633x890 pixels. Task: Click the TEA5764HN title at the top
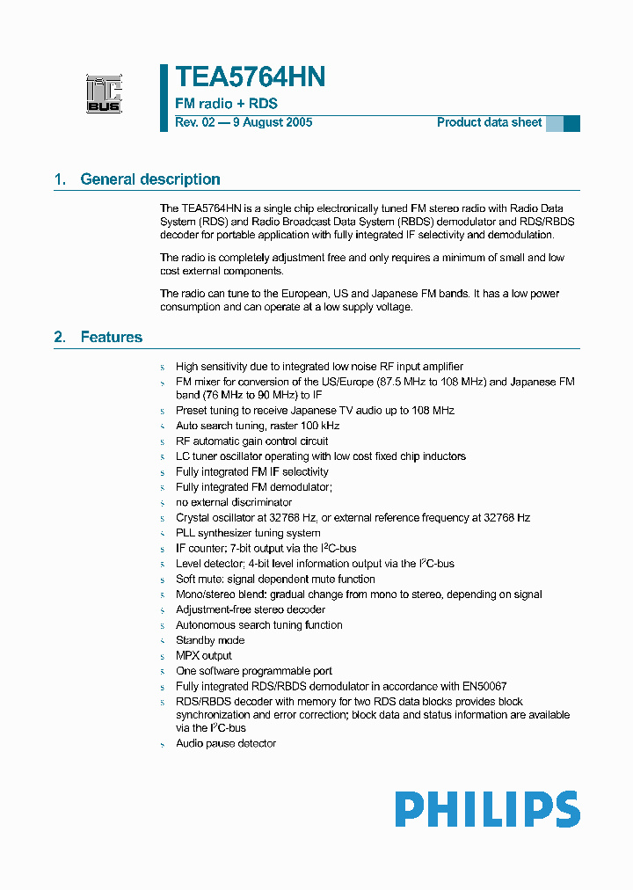click(251, 77)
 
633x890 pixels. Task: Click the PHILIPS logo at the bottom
click(487, 809)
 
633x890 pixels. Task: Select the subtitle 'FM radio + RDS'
click(226, 104)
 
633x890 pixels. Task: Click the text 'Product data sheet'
click(489, 122)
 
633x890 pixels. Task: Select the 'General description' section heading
click(150, 179)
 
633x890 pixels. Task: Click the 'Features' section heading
click(111, 337)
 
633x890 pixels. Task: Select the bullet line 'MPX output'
click(204, 655)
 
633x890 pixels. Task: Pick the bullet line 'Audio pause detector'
click(226, 743)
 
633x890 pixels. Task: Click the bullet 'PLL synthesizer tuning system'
click(248, 533)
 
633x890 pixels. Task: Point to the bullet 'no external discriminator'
click(234, 502)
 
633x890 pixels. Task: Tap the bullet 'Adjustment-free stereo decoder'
click(250, 609)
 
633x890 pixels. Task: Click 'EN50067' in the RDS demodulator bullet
click(481, 686)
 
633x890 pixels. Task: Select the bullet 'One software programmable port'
click(254, 671)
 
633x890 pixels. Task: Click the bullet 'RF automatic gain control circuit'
click(252, 441)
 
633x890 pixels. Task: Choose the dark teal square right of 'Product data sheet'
click(571, 123)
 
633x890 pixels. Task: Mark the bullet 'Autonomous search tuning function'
click(259, 624)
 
